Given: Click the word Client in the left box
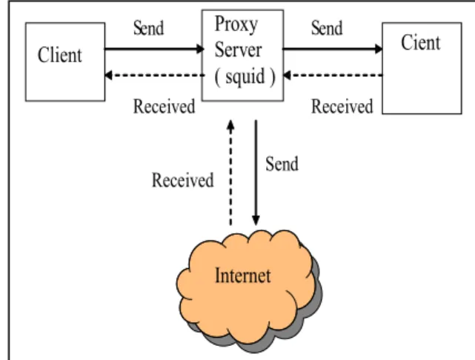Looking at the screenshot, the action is coord(60,55).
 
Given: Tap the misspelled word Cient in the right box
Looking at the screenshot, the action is coord(420,42).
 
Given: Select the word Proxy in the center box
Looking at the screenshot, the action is coord(236,24).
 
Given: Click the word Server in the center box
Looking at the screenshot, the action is coord(238,50).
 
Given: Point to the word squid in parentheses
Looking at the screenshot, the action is coord(245,77).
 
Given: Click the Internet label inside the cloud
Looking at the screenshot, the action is coord(242,276).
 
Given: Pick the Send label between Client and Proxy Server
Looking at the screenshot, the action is coord(148,28).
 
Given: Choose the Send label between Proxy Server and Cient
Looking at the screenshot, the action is coord(327,28).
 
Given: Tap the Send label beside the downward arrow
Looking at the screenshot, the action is coord(282,164).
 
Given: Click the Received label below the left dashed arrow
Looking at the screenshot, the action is coord(164,106).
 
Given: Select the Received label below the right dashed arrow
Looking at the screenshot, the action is coord(342,106).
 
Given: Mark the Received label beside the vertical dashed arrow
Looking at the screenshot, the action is coord(183,180).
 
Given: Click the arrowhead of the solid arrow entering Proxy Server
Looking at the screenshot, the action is coord(200,49).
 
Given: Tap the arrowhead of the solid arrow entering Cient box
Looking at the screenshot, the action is coord(379,49).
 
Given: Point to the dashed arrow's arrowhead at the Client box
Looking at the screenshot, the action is coord(108,75).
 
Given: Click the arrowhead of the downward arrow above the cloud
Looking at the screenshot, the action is coord(256,221).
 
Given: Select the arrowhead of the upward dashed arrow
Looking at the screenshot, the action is coord(231,124).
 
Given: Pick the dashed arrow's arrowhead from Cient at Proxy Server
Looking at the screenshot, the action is coord(287,75).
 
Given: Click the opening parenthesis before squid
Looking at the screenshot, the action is coord(217,78).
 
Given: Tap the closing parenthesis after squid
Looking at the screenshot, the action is coord(273,78).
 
